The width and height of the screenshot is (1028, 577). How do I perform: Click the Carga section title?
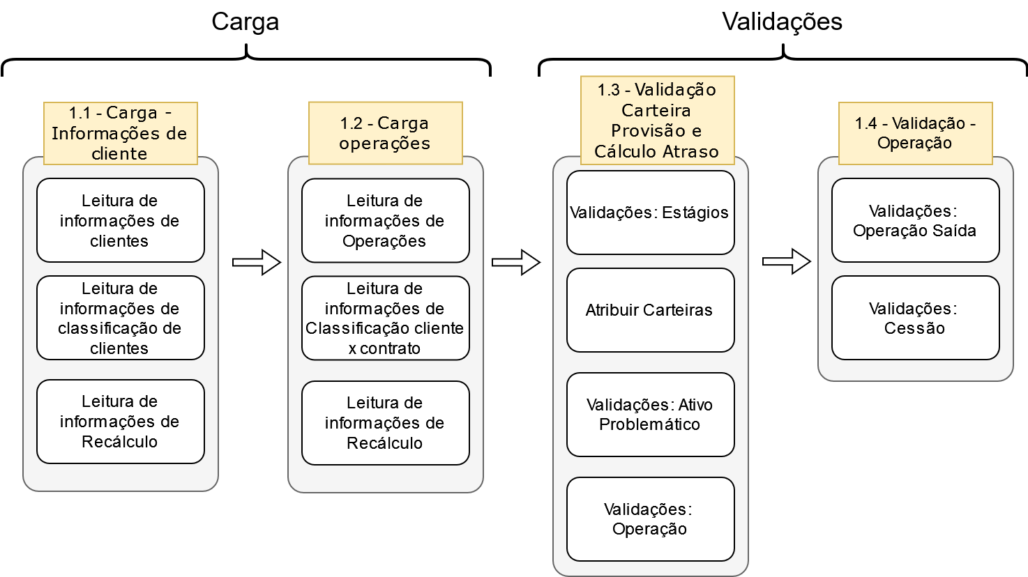click(245, 22)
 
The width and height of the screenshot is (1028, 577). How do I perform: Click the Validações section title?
click(782, 22)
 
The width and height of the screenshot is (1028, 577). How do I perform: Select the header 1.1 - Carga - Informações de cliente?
click(120, 133)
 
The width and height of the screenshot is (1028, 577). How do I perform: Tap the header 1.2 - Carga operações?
click(385, 133)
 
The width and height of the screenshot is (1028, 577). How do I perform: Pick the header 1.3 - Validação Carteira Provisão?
click(657, 121)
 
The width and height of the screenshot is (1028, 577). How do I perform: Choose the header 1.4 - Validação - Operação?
click(915, 133)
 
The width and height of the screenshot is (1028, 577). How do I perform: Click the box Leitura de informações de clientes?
click(120, 220)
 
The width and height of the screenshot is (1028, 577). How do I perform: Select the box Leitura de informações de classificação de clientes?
click(120, 318)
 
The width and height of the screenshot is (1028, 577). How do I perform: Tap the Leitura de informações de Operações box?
click(385, 220)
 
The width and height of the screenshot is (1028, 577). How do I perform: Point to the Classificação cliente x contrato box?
click(385, 318)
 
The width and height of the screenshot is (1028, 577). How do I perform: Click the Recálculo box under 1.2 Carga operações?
click(385, 422)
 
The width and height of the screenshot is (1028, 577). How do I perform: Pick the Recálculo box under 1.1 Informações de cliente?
click(120, 422)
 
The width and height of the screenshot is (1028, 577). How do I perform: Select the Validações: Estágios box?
click(650, 213)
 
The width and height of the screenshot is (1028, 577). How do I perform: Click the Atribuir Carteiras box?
click(650, 310)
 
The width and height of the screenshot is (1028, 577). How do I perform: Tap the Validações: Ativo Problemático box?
click(650, 415)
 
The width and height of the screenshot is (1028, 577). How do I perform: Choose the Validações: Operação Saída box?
click(915, 220)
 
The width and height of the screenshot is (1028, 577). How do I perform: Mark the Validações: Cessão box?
click(915, 318)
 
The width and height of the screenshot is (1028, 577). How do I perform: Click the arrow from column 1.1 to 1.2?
click(256, 263)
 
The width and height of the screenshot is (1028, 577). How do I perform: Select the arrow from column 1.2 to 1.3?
click(516, 263)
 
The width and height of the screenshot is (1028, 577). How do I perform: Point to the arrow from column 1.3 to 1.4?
click(786, 262)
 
